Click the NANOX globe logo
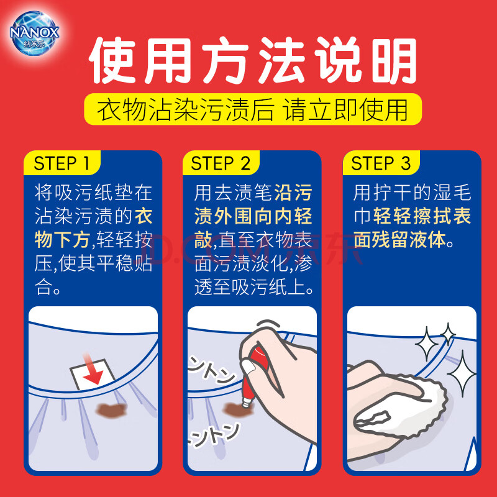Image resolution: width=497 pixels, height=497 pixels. tap(34, 33)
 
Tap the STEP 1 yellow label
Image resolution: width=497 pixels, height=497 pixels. tap(62, 163)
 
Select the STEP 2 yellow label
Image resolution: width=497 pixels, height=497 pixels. tap(221, 163)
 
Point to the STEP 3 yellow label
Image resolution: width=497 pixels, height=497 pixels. tap(381, 163)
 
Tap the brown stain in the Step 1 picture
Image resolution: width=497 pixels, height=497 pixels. tap(111, 410)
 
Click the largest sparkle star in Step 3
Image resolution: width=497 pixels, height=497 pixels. tap(462, 374)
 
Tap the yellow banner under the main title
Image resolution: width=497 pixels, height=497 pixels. tap(253, 109)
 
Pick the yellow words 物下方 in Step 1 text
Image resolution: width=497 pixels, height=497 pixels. tap(62, 240)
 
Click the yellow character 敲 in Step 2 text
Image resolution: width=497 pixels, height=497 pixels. tap(203, 240)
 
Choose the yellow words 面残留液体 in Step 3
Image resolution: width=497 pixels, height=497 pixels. tap(399, 240)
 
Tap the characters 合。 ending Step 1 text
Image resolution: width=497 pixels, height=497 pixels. tap(48, 287)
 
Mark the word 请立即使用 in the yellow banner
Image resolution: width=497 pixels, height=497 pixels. tap(345, 110)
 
